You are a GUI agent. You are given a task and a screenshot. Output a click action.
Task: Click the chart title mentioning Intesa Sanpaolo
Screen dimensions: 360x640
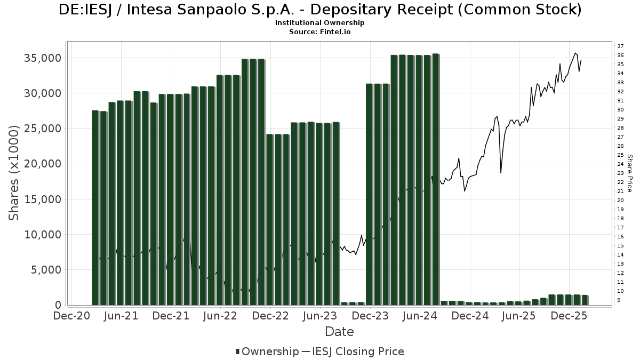click(x=320, y=10)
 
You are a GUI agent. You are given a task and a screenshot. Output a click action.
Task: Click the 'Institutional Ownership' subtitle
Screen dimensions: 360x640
click(x=320, y=23)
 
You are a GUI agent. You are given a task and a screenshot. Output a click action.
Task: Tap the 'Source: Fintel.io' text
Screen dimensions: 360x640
click(x=320, y=32)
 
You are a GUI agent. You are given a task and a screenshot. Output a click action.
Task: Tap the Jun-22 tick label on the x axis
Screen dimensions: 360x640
click(x=220, y=316)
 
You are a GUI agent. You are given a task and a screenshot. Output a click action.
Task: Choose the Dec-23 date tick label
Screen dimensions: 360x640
click(x=370, y=316)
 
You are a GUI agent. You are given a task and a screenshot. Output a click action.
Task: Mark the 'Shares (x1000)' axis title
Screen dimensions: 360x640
click(x=14, y=173)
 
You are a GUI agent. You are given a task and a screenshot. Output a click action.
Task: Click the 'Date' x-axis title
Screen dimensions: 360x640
click(x=340, y=332)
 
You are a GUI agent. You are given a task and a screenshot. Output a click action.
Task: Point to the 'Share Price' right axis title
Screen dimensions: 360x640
click(x=630, y=173)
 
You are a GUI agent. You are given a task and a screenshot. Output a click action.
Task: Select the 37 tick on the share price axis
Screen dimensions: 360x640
click(x=621, y=46)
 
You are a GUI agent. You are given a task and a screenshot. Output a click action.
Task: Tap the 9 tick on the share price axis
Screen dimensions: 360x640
click(x=619, y=300)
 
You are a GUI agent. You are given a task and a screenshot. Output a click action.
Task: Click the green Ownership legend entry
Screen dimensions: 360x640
click(x=267, y=351)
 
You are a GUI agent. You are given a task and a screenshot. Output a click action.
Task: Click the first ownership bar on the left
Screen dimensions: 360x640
click(x=95, y=208)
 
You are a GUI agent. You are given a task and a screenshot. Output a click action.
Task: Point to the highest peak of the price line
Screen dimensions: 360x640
click(x=575, y=53)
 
